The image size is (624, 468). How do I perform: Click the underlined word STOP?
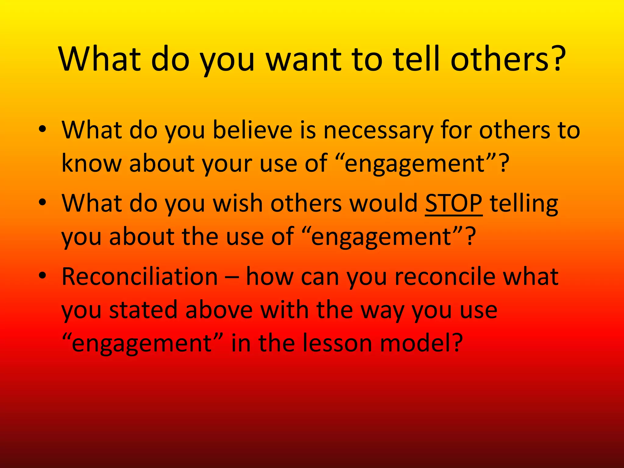[x=454, y=204]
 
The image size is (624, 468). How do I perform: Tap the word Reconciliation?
[x=140, y=277]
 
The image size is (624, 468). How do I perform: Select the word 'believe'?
[x=253, y=130]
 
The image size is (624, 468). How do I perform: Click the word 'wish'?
[x=238, y=204]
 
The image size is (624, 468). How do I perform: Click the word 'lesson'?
[x=334, y=343]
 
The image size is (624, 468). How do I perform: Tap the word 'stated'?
[x=143, y=310]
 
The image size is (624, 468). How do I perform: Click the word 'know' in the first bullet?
[x=91, y=163]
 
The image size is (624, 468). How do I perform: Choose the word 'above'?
[x=219, y=310]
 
